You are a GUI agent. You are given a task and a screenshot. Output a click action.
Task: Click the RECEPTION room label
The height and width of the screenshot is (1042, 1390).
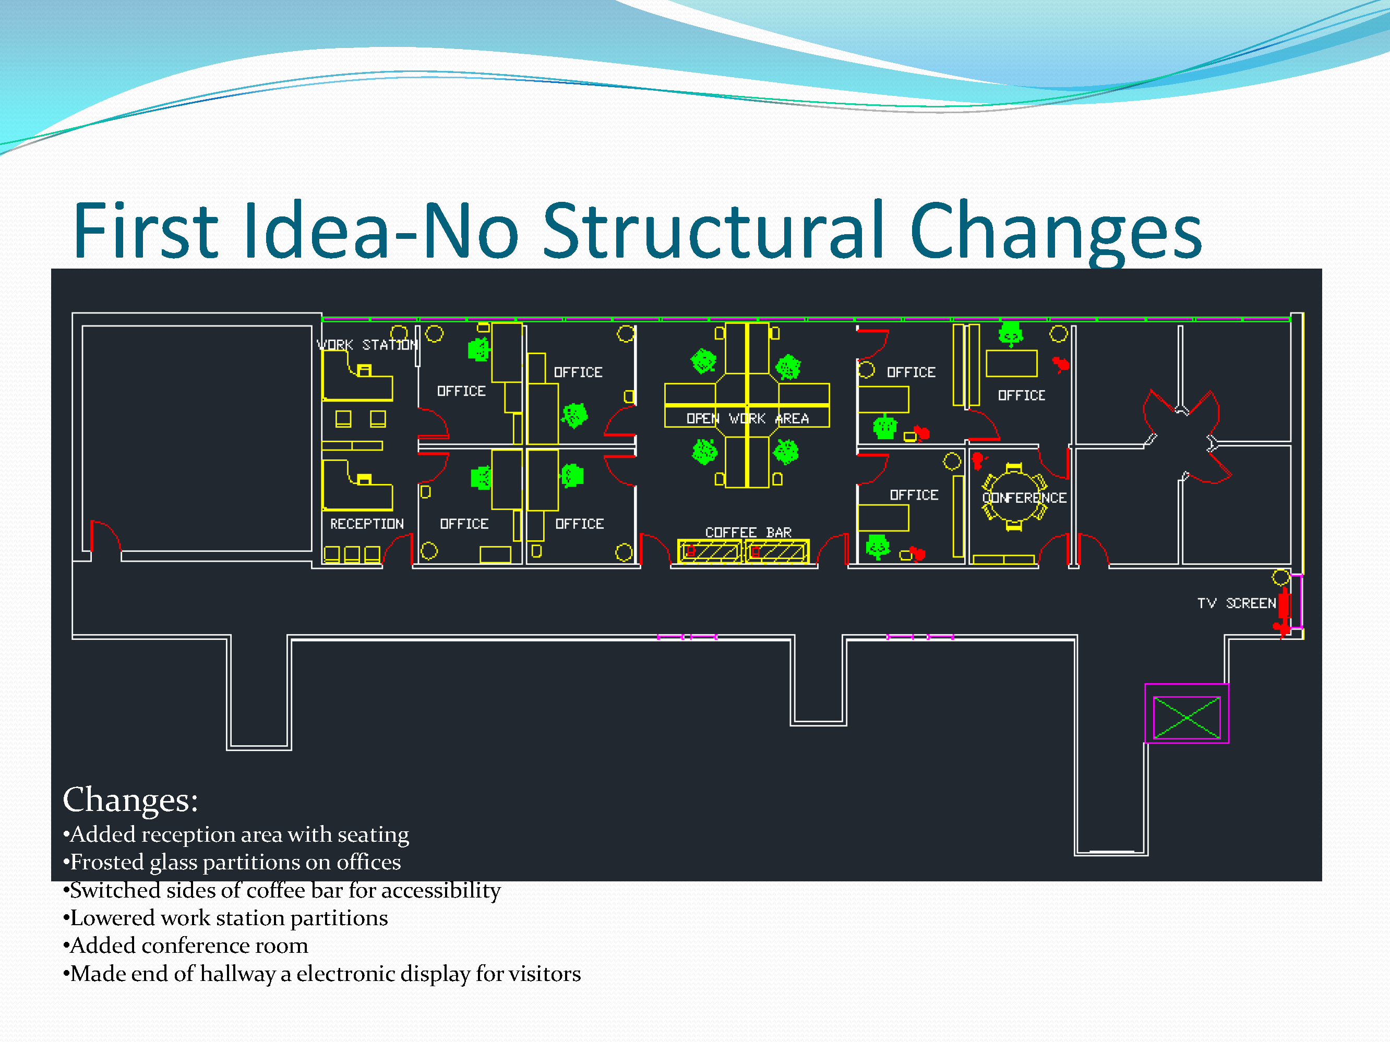pyautogui.click(x=367, y=524)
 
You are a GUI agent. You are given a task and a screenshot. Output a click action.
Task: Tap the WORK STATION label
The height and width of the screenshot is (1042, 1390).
pyautogui.click(x=367, y=345)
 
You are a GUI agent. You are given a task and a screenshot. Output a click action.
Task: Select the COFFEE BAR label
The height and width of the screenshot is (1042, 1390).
pyautogui.click(x=748, y=532)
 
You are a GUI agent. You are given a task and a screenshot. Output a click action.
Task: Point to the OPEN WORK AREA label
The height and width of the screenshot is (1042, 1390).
pyautogui.click(x=747, y=418)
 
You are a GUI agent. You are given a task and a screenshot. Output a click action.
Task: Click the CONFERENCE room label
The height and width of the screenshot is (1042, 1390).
pyautogui.click(x=1024, y=498)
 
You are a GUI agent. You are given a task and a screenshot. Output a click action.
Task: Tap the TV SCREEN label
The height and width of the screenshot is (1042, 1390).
pyautogui.click(x=1236, y=603)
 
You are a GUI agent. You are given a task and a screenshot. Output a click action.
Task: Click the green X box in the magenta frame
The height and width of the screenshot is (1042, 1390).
pyautogui.click(x=1187, y=717)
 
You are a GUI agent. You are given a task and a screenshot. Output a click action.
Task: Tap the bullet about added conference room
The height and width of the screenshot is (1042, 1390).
pyautogui.click(x=186, y=946)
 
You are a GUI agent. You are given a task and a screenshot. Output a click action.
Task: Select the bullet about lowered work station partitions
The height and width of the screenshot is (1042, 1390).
pyautogui.click(x=225, y=918)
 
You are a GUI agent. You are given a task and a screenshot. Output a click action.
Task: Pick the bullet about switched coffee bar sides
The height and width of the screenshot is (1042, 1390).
pyautogui.click(x=282, y=891)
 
